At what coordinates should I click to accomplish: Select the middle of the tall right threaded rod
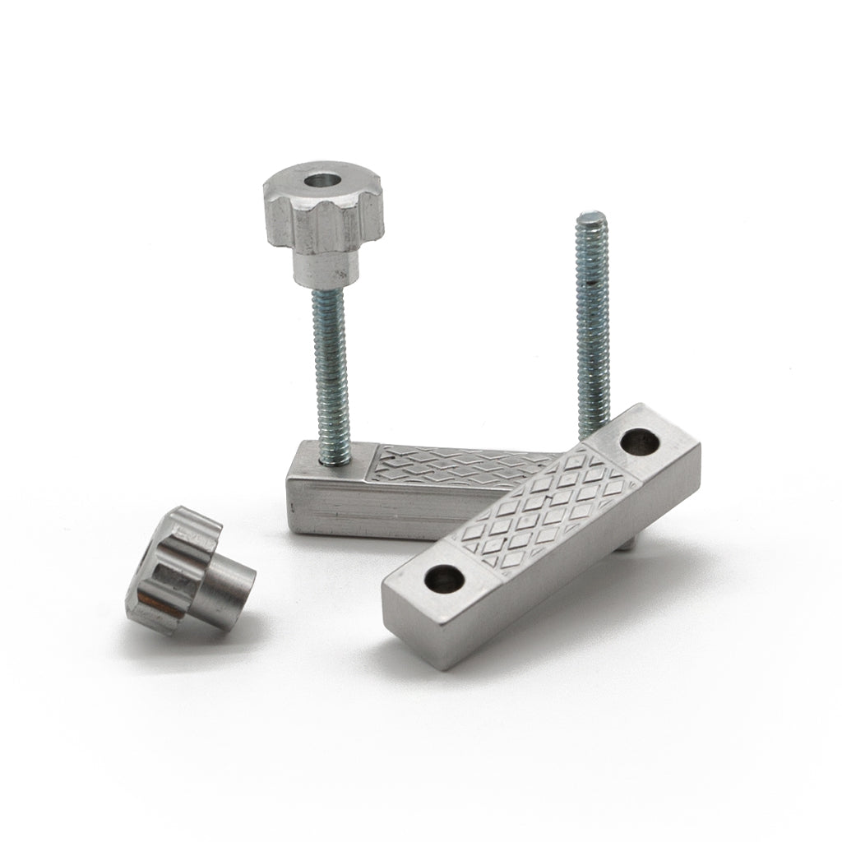[x=592, y=329]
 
